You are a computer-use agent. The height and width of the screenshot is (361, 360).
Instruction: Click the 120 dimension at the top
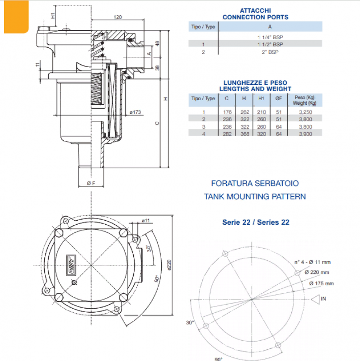(117, 17)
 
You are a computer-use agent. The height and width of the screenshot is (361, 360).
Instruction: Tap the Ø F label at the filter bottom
(90, 183)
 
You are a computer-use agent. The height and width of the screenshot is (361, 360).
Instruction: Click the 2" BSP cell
(270, 52)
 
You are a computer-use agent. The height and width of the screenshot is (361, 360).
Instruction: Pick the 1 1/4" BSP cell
(270, 37)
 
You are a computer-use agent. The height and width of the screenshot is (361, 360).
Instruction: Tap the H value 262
(244, 111)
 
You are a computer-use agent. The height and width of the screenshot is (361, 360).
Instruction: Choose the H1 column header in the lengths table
(261, 98)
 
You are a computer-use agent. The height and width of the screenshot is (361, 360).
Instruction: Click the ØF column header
(278, 98)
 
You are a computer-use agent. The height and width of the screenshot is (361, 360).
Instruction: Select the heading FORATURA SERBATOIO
(255, 184)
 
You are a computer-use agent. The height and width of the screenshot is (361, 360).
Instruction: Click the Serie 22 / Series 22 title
(256, 222)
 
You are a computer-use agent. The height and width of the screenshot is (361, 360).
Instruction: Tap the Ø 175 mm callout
(322, 283)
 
